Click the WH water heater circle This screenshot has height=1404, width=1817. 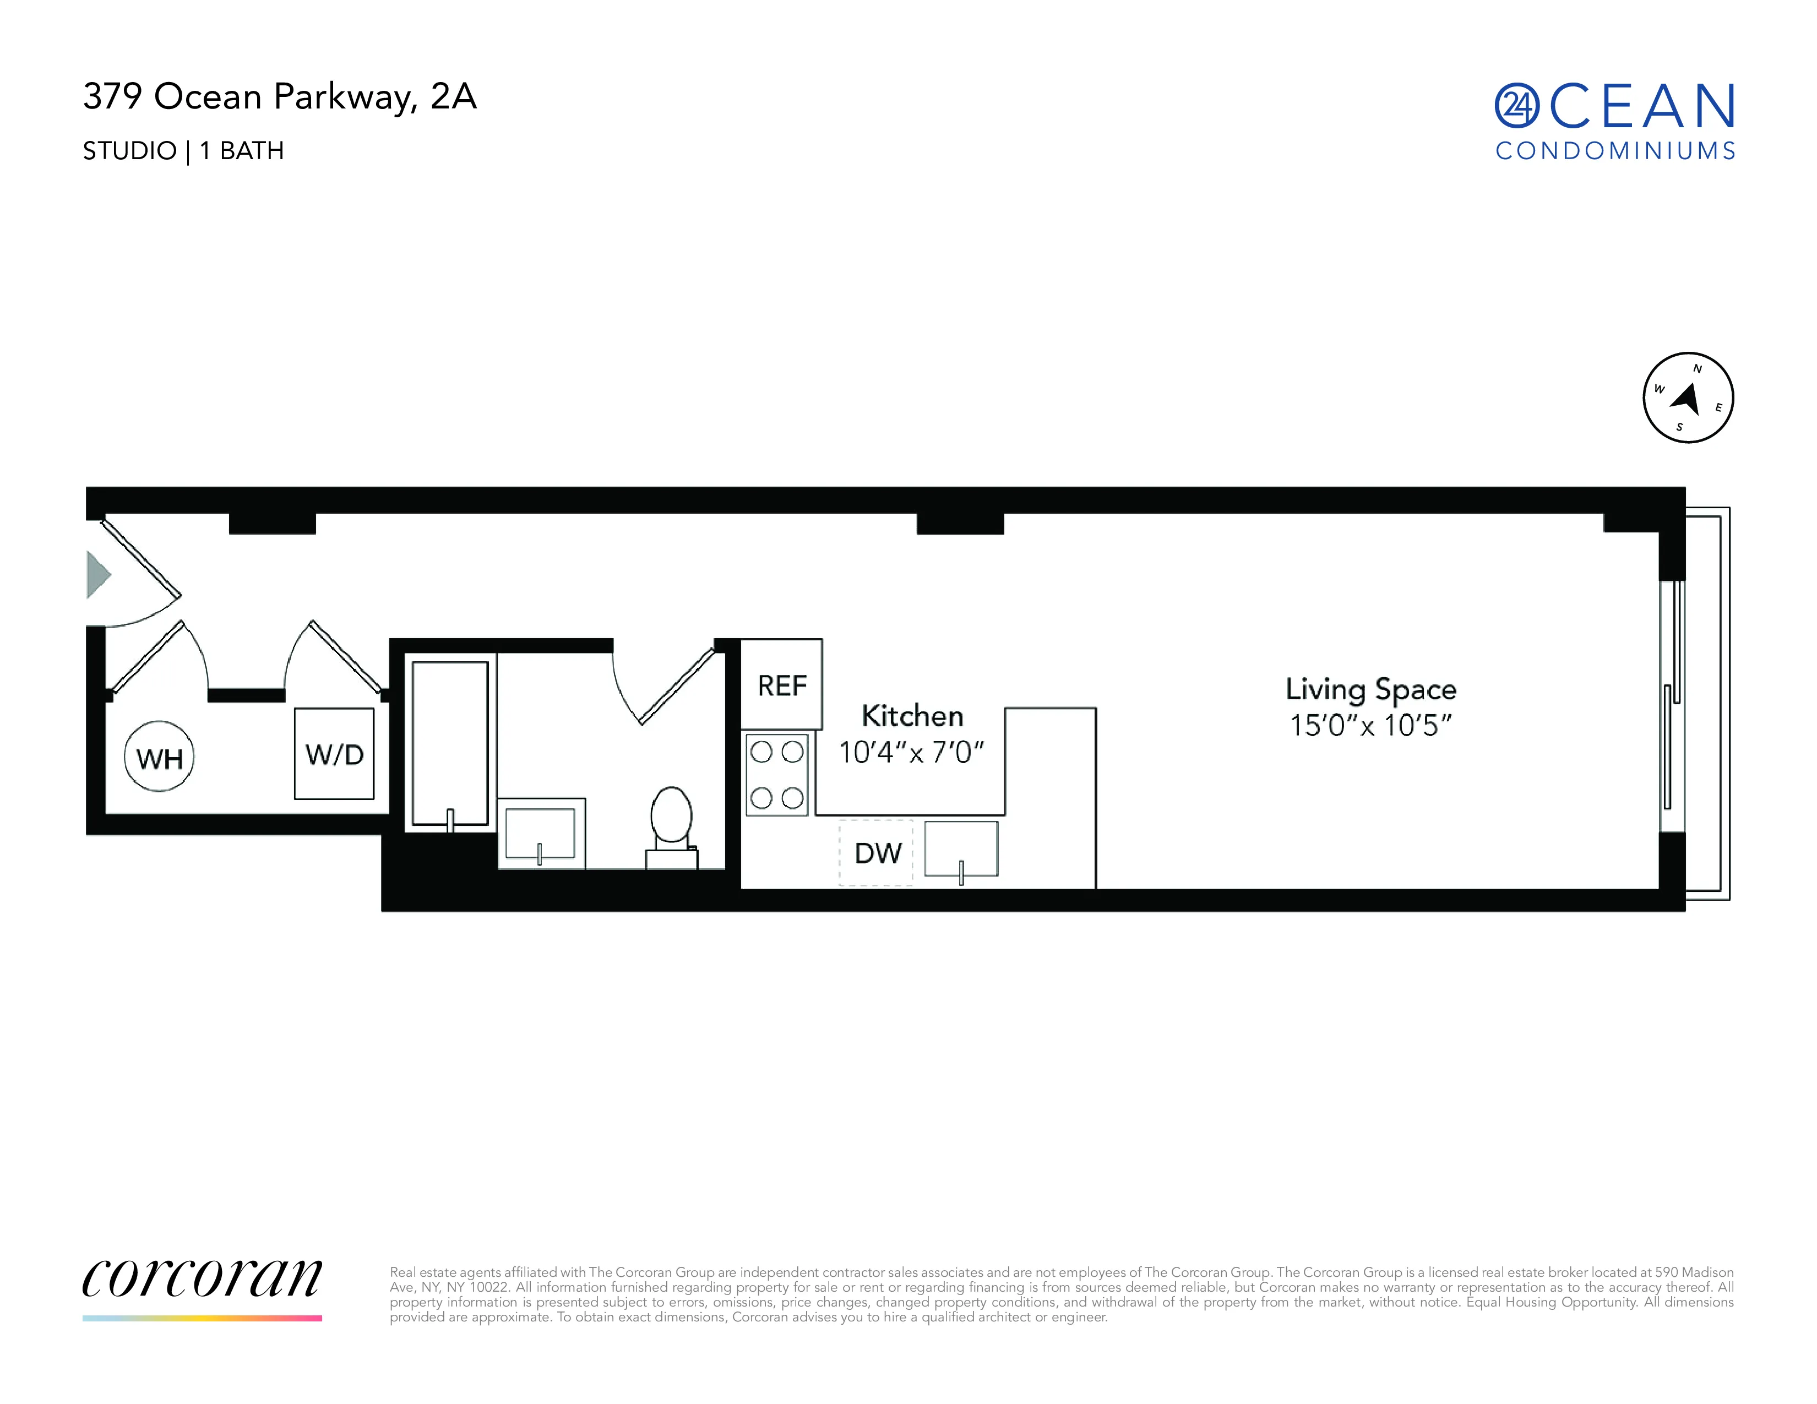159,757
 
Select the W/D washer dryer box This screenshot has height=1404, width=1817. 334,754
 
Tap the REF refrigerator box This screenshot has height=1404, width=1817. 782,684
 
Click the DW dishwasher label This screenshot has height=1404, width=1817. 878,852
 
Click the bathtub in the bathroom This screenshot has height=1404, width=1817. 450,743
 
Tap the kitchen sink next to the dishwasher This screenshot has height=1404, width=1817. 961,849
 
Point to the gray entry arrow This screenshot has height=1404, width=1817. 98,574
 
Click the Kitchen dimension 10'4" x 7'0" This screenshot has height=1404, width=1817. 911,753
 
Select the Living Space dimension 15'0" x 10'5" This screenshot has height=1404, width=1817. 1370,725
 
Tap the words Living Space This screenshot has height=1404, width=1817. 1370,689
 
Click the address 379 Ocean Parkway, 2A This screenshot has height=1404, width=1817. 280,96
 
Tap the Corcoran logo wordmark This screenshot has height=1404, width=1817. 202,1278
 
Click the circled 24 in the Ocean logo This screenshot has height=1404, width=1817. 1517,106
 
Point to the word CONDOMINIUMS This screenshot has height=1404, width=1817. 1615,150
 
